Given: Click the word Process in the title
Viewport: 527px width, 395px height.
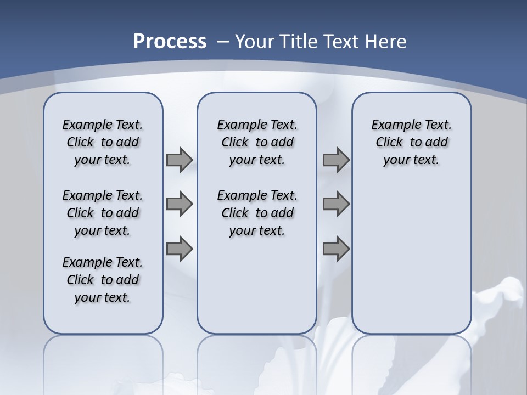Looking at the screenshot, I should click(170, 41).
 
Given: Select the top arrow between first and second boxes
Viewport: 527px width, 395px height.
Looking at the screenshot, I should click(179, 160).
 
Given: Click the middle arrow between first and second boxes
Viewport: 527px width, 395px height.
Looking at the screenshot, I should click(179, 204).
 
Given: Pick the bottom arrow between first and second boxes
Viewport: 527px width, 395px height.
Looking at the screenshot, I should click(179, 249).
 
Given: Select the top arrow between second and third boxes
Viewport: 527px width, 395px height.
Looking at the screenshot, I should click(335, 160).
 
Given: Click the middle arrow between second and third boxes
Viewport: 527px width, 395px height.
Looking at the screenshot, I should click(335, 204).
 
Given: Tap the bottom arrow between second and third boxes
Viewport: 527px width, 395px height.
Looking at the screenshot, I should click(335, 249).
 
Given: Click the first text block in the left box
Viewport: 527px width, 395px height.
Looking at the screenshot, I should click(103, 142).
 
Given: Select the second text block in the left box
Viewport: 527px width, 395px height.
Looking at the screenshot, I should click(103, 213).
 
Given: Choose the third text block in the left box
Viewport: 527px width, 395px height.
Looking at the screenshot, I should click(103, 280).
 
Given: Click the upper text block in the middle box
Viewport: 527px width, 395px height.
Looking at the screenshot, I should click(257, 142).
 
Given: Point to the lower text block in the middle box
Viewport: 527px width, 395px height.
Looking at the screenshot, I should click(257, 213).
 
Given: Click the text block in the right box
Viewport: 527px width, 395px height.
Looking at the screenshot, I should click(412, 142).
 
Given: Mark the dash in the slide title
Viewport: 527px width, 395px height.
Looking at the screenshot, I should click(223, 41).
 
